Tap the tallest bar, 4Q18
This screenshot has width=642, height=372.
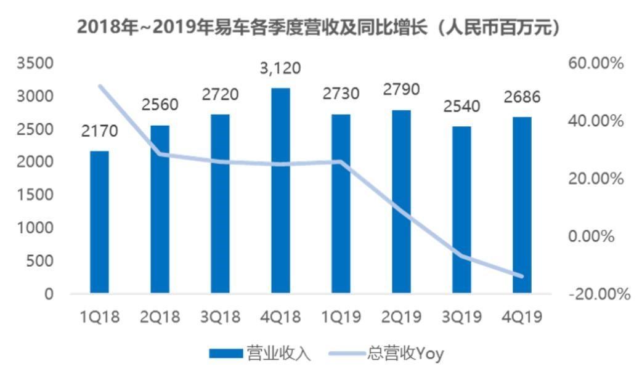coord(280,191)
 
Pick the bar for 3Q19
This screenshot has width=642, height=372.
coord(461,210)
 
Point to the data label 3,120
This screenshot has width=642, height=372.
coord(280,68)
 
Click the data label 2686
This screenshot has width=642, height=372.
coord(521,97)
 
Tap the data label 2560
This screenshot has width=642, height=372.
coord(160,105)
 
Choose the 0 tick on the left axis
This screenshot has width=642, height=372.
coord(49,294)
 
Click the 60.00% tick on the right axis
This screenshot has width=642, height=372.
coord(595,63)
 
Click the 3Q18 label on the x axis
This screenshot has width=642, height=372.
coord(220,317)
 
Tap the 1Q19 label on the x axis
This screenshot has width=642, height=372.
coord(341,317)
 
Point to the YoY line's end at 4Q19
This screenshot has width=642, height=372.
coord(521,276)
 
